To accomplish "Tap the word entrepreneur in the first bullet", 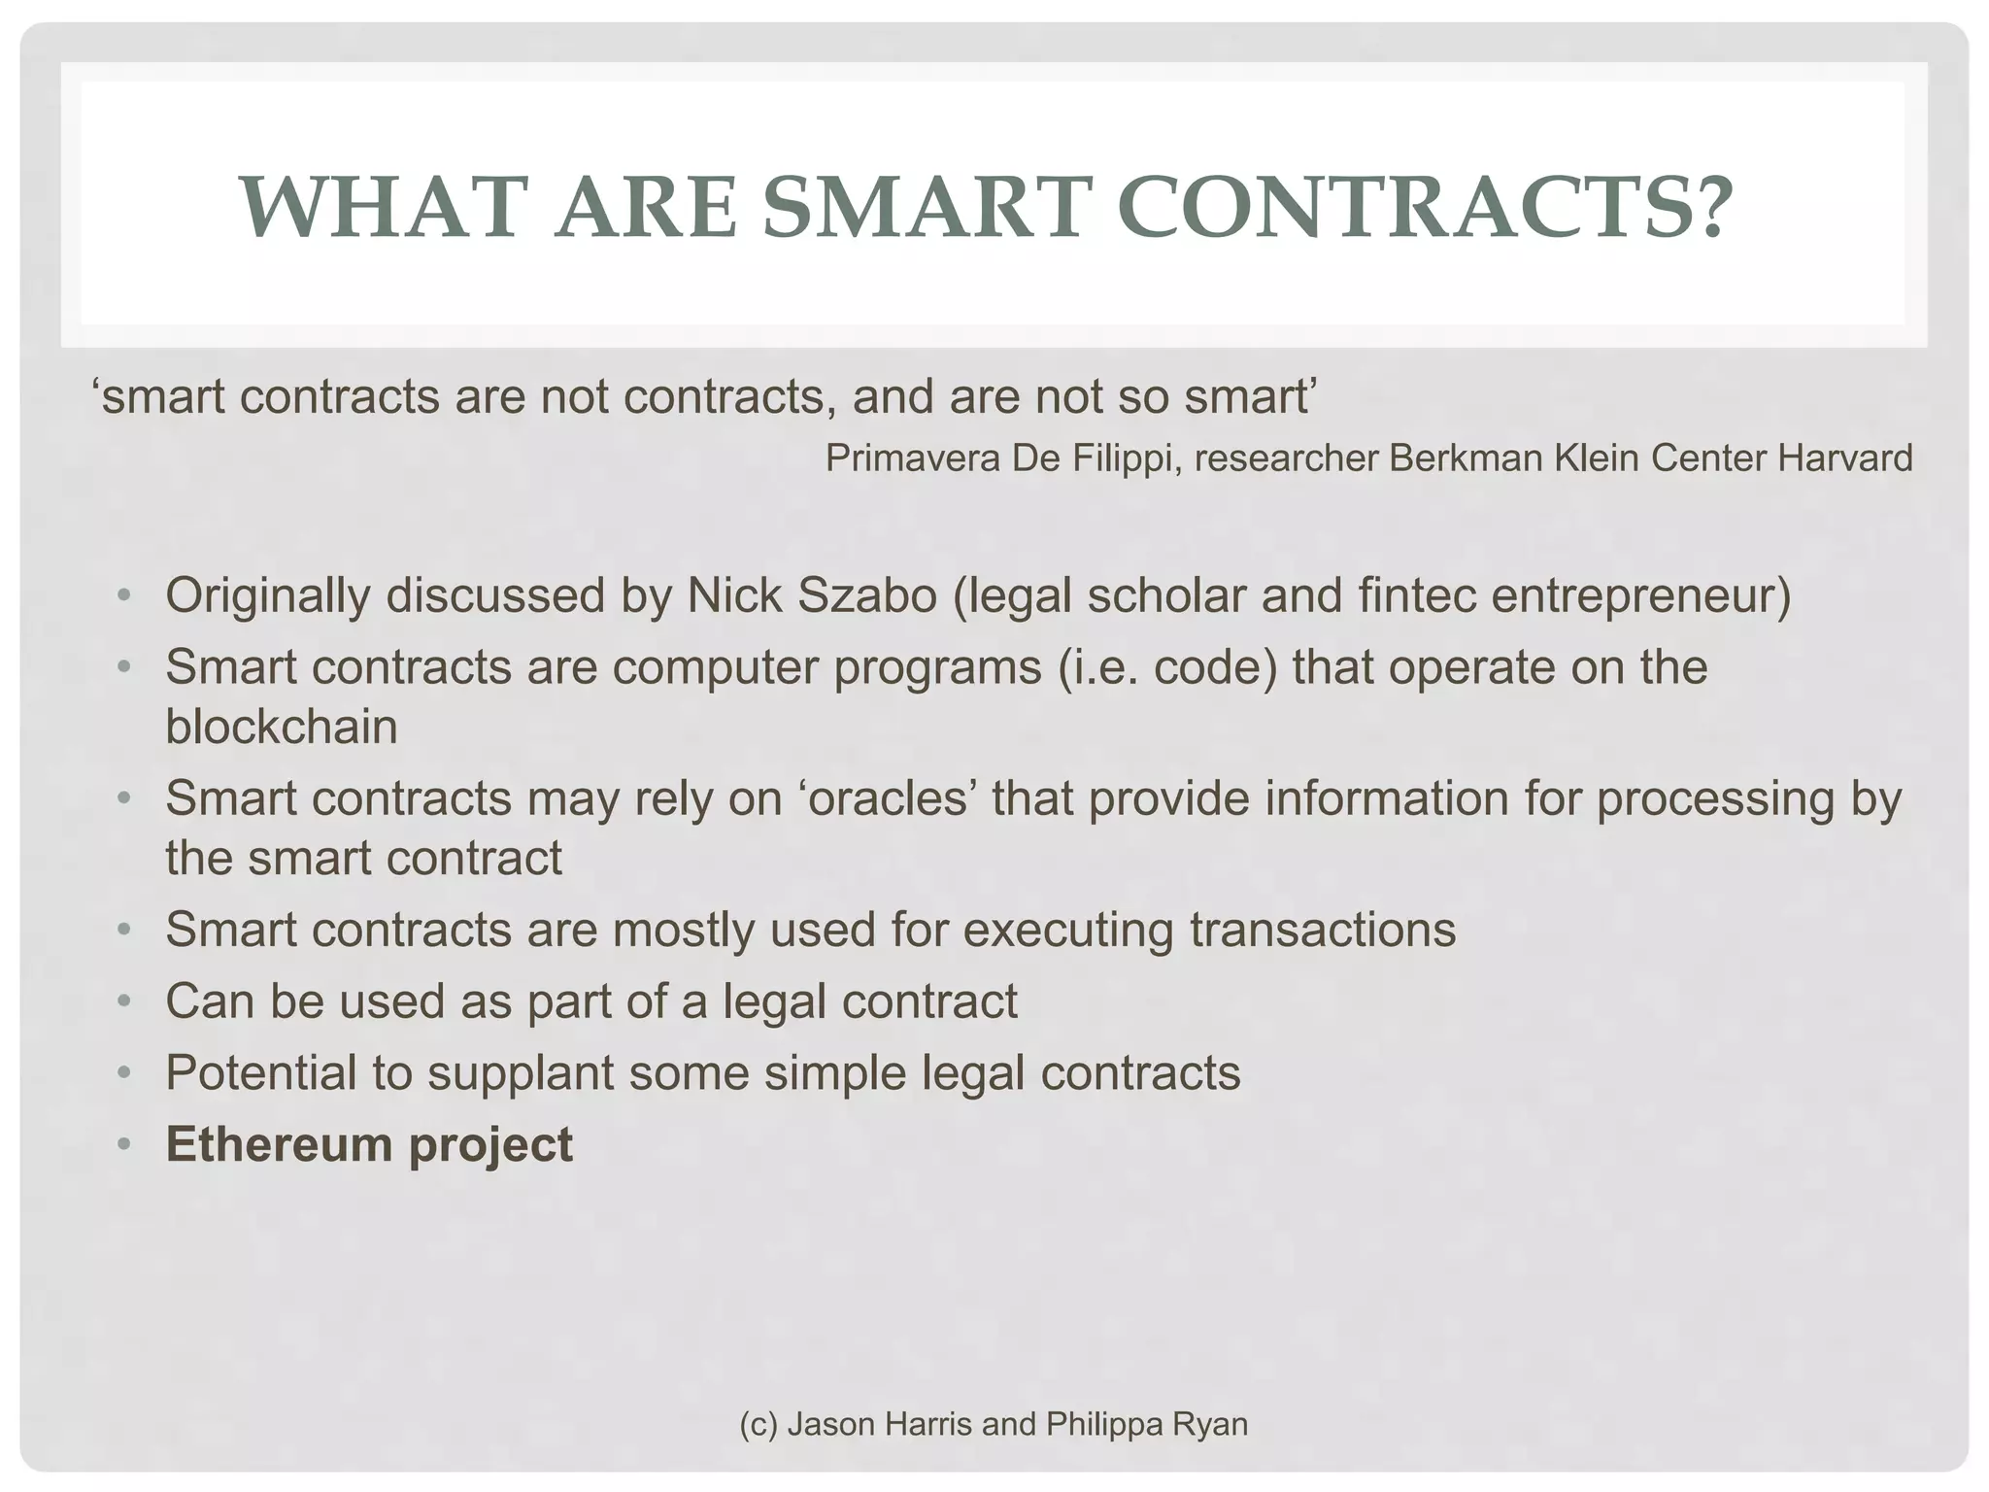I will coord(1640,596).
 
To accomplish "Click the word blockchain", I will coord(282,727).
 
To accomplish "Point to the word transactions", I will coord(1323,929).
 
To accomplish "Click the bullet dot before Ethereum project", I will coord(123,1145).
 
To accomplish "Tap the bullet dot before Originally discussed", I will coord(123,595).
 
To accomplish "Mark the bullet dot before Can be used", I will coord(123,1001).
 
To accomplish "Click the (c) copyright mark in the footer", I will coord(758,1424).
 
